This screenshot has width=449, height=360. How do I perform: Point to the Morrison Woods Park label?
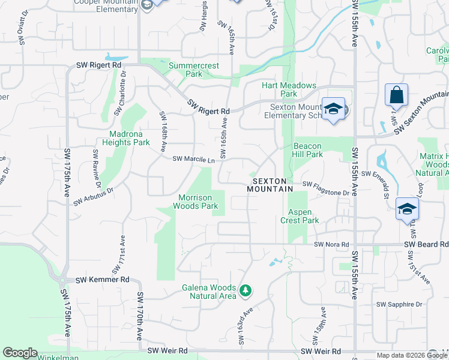pos(196,202)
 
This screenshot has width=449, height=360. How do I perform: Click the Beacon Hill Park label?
pos(308,150)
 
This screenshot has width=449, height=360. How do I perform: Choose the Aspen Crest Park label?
pos(300,217)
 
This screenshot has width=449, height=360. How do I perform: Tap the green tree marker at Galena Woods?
pos(245,291)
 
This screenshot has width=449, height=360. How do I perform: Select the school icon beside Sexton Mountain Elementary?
pos(333,109)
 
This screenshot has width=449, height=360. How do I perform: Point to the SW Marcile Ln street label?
pos(193,160)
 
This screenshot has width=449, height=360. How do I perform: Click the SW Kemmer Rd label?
pos(103,280)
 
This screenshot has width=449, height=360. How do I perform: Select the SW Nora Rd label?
pos(330,245)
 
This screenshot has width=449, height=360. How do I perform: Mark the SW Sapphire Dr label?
pos(399,305)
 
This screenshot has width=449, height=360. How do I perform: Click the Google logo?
pos(20,353)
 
